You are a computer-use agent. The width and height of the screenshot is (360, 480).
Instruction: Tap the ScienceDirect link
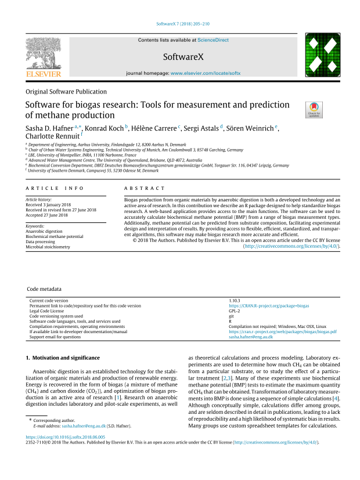pos(213,40)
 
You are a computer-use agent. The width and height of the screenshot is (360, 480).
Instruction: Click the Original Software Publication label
pos(66,92)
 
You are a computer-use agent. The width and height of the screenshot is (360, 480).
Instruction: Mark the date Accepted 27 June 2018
pos(55,215)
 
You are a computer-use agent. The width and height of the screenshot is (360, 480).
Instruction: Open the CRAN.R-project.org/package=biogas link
pos(269,305)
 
